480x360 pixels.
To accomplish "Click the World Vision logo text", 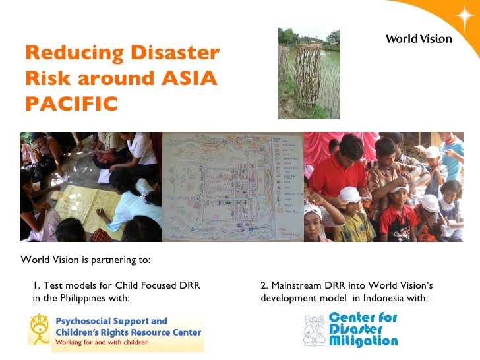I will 419,39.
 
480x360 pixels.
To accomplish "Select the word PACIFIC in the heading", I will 72,104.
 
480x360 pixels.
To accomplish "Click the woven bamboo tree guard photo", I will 309,73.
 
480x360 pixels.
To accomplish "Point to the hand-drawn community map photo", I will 232,187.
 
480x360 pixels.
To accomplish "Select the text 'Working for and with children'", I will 102,343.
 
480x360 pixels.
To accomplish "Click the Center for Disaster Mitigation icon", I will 315,330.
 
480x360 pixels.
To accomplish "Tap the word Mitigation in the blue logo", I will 363,342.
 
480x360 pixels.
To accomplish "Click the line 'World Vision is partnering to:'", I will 86,260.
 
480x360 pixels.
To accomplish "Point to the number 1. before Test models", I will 36,285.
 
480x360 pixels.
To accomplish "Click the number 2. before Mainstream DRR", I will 264,285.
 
